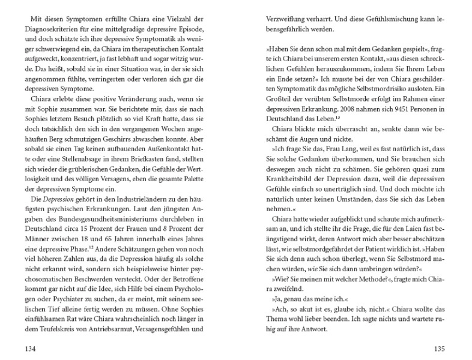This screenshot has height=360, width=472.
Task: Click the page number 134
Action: [28, 348]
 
